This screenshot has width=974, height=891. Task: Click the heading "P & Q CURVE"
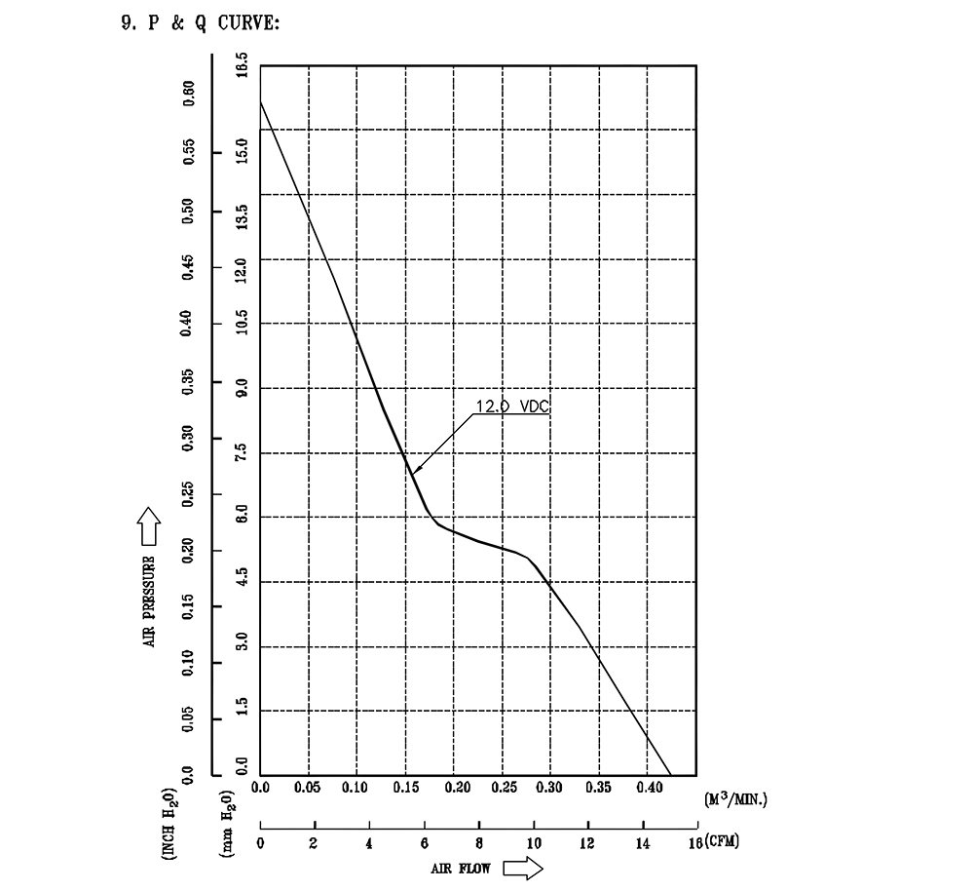(x=212, y=22)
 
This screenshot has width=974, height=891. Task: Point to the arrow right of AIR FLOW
(x=522, y=868)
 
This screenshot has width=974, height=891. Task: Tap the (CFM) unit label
(x=723, y=840)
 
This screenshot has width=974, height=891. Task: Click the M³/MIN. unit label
(x=736, y=799)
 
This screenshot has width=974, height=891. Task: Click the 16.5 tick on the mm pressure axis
(x=241, y=68)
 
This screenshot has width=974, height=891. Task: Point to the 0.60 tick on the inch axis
(x=189, y=95)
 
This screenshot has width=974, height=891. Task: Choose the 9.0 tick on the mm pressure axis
(x=241, y=388)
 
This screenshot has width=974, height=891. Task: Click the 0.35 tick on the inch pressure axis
(x=189, y=381)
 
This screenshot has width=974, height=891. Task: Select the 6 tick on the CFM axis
(x=424, y=844)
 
